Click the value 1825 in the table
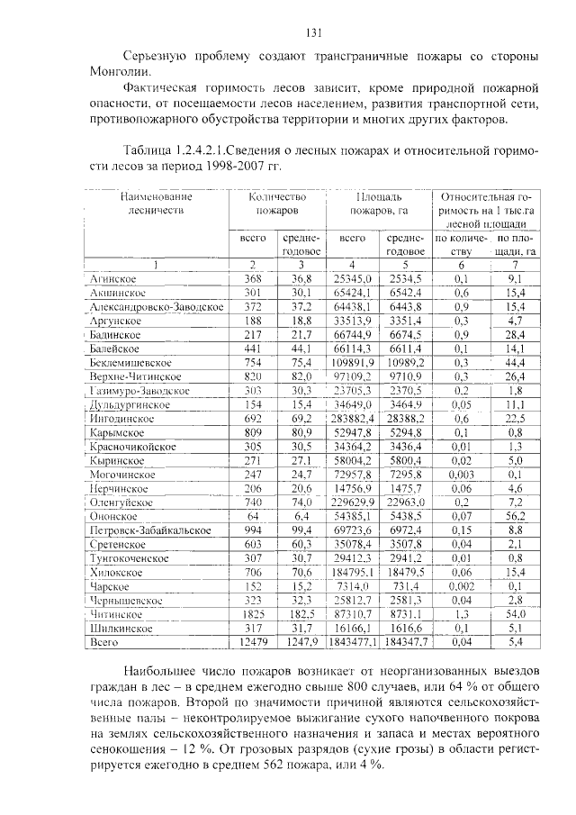coord(253,614)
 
